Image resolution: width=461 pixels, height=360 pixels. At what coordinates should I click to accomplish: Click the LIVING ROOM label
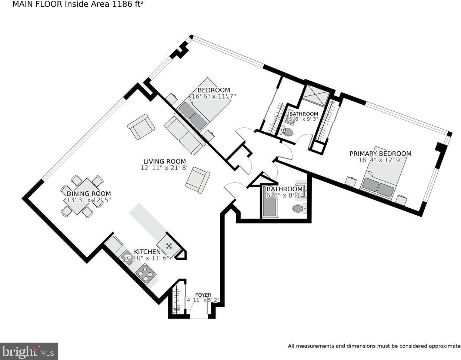click(x=164, y=161)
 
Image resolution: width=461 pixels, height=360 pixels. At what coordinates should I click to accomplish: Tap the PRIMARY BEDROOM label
click(x=380, y=154)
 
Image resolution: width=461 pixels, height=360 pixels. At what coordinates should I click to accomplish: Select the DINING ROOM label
click(x=88, y=194)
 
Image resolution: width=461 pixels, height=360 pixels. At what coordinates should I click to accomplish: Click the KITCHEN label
click(x=147, y=252)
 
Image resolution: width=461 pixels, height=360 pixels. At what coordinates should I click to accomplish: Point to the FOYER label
click(x=203, y=295)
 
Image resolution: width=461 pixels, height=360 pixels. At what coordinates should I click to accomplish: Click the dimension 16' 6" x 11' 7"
click(x=214, y=96)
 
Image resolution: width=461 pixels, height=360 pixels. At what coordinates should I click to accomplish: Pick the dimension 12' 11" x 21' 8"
click(x=164, y=168)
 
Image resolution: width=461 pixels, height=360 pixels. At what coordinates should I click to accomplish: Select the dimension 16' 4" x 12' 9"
click(x=380, y=160)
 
